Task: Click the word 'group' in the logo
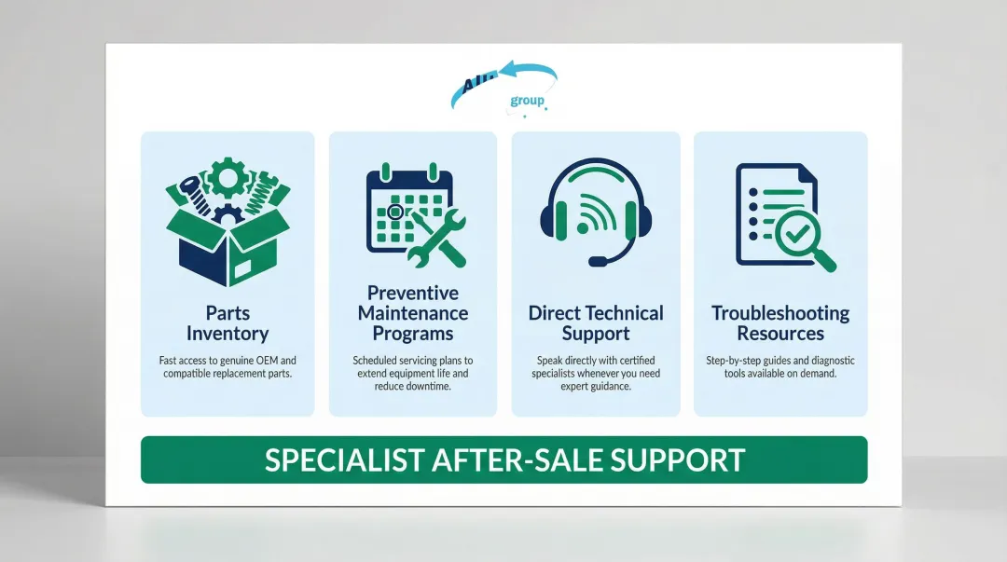pyautogui.click(x=528, y=101)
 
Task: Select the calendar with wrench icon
pyautogui.click(x=411, y=213)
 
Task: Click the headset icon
pyautogui.click(x=596, y=211)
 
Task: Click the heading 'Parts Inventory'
pyautogui.click(x=228, y=323)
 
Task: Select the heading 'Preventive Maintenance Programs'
pyautogui.click(x=413, y=313)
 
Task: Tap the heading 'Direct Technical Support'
pyautogui.click(x=596, y=323)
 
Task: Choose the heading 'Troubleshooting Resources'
pyautogui.click(x=780, y=323)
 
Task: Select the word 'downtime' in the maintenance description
pyautogui.click(x=427, y=386)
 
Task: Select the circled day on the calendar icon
pyautogui.click(x=395, y=212)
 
